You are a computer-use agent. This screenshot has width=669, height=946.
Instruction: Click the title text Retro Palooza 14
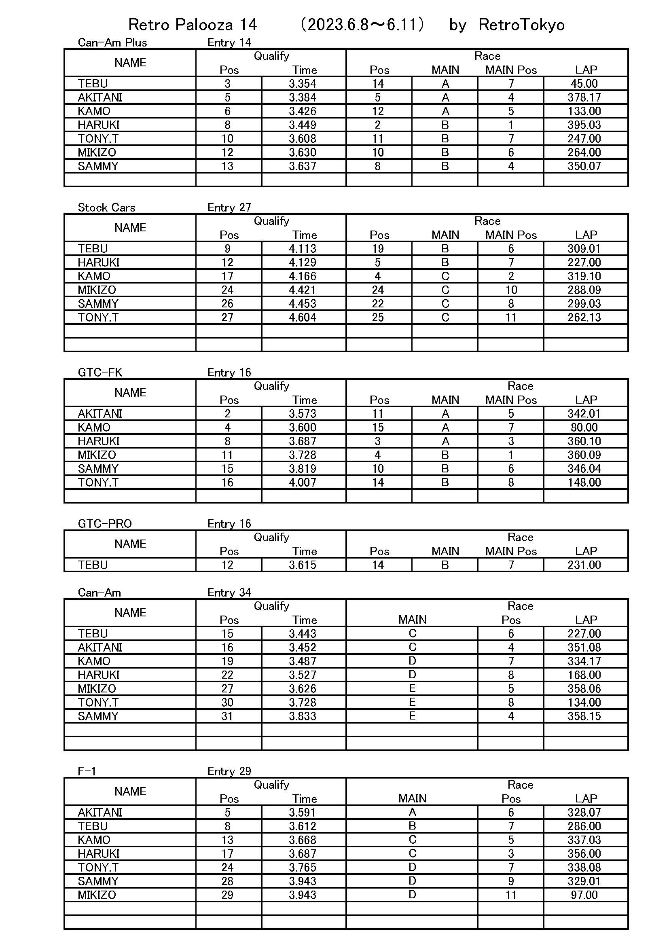click(193, 25)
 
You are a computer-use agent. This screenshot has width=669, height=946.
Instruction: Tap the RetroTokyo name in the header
click(521, 25)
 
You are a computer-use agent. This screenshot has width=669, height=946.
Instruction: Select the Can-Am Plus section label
click(112, 42)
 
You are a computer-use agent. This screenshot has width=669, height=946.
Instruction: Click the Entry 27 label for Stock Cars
click(229, 207)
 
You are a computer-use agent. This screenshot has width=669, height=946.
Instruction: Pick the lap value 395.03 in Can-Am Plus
click(584, 125)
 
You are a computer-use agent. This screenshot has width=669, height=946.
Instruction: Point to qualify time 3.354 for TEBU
click(303, 84)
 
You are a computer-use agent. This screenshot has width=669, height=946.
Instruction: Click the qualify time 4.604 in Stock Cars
click(303, 317)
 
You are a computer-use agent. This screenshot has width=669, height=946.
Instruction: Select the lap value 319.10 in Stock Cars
click(584, 276)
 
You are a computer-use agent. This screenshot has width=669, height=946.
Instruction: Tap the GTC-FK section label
click(100, 372)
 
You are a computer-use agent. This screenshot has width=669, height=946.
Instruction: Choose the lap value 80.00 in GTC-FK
click(584, 427)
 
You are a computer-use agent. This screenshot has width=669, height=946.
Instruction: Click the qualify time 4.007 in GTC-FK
click(303, 482)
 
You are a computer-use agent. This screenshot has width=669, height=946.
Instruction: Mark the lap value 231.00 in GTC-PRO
click(584, 565)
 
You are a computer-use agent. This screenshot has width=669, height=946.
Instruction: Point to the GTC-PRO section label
click(105, 524)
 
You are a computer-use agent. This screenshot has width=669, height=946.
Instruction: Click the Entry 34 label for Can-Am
click(229, 593)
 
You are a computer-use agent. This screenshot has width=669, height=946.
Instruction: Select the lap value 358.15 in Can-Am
click(584, 716)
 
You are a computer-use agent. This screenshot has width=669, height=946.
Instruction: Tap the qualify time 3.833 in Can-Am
click(303, 716)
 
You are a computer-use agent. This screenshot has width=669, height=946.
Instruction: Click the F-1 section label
click(87, 771)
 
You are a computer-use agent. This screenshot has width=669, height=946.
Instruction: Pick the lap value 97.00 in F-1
click(584, 895)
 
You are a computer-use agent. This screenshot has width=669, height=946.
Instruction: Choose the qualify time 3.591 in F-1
click(303, 812)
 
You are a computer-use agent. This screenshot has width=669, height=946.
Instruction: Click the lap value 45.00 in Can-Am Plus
click(584, 84)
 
